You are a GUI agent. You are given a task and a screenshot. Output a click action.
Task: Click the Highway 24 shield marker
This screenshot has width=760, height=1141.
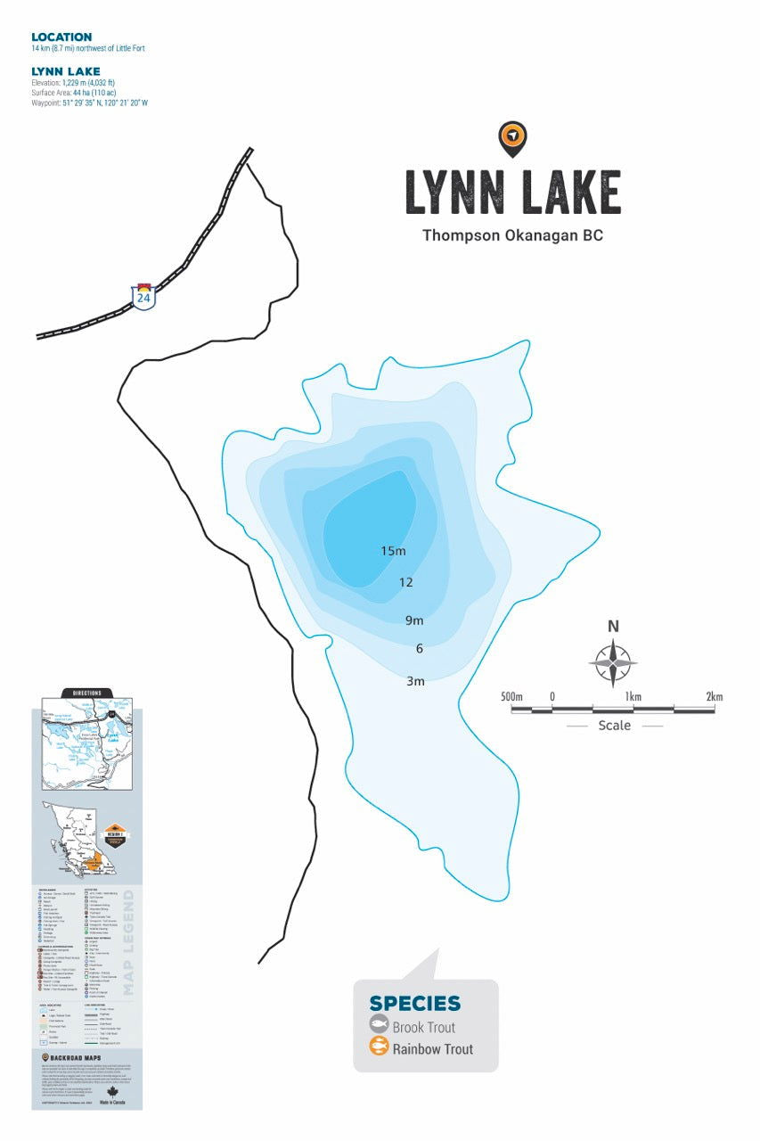point(143,296)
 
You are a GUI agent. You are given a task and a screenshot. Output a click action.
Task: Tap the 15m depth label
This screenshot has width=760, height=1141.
point(393,551)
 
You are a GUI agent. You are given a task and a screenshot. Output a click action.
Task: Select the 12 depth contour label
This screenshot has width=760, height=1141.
point(406,583)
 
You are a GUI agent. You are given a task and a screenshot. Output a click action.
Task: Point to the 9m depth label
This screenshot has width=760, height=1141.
point(414,620)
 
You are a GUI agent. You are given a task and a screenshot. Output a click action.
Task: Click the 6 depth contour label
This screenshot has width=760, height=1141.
point(419,649)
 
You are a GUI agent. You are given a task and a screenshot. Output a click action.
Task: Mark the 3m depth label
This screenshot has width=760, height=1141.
point(415,681)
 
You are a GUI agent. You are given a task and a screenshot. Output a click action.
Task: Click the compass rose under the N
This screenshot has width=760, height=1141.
point(613,663)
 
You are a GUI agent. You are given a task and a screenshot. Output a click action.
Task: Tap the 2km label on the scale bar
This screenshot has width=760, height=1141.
point(714,696)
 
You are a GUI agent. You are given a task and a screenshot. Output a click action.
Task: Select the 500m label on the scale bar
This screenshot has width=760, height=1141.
point(511,696)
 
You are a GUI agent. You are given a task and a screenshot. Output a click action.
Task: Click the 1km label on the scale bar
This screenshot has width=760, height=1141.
point(633,696)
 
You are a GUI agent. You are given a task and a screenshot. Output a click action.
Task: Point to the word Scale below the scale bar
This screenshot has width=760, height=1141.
point(614,726)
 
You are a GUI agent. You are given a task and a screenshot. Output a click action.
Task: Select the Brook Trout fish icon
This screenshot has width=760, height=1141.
point(379,1026)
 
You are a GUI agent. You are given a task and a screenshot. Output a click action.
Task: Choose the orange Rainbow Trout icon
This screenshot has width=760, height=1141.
point(379,1048)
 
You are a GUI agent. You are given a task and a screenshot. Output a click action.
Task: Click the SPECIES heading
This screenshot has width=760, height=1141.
point(415,1004)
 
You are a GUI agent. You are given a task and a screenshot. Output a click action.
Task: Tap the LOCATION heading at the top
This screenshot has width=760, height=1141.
point(61,37)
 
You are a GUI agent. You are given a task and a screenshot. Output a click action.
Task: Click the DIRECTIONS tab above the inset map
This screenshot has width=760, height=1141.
point(86,693)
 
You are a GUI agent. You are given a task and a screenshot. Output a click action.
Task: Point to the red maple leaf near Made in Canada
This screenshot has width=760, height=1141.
point(112,1093)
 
